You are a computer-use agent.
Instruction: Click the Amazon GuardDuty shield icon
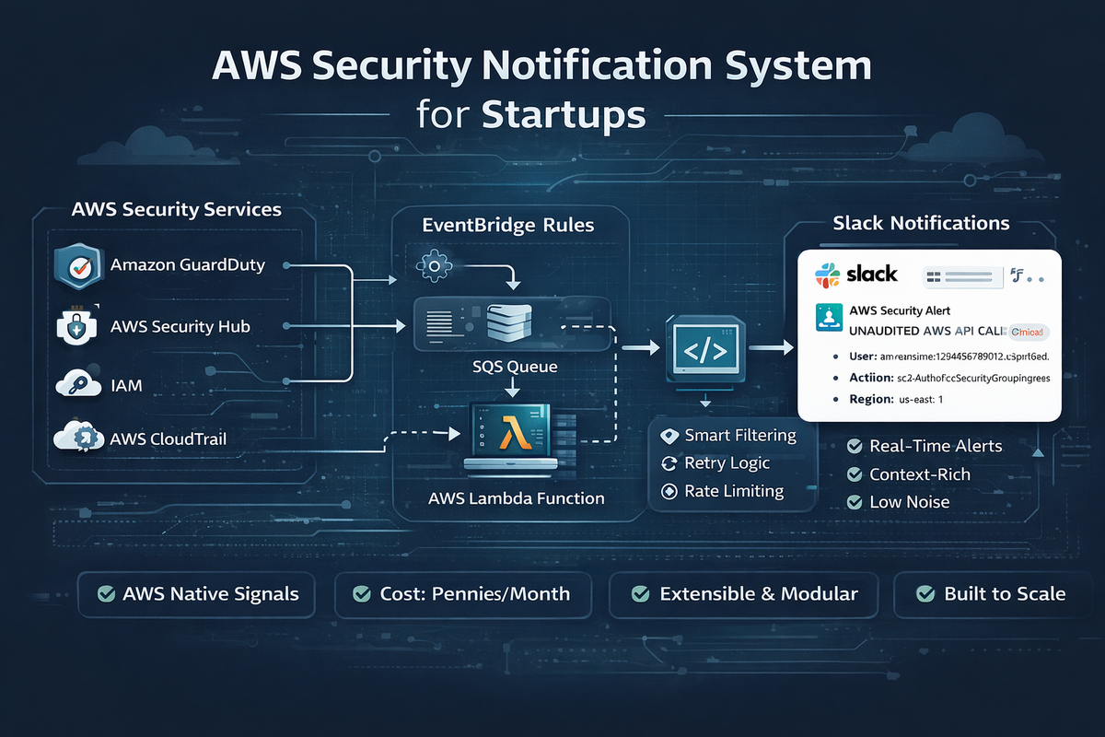tap(76, 265)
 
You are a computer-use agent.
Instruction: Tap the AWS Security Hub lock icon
tap(76, 326)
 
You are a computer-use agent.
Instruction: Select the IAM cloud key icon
tap(76, 384)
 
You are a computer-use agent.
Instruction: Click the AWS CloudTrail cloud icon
tap(76, 439)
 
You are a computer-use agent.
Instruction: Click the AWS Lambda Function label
tap(517, 498)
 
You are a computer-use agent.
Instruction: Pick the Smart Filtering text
tap(740, 435)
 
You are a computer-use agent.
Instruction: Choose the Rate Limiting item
tap(734, 491)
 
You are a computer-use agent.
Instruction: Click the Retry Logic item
tap(727, 462)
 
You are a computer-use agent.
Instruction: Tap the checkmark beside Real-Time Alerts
tap(854, 446)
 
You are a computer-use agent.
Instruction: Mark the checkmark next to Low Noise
tap(854, 502)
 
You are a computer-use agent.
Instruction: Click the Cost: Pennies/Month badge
tap(463, 593)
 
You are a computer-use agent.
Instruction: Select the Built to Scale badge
tap(992, 593)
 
